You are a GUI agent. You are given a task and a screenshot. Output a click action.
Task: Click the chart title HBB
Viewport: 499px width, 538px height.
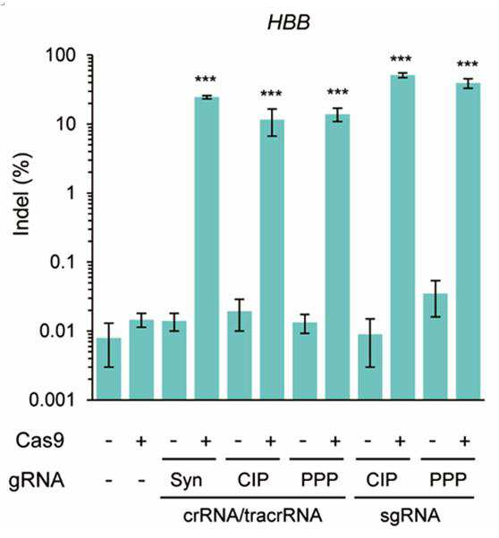click(x=289, y=22)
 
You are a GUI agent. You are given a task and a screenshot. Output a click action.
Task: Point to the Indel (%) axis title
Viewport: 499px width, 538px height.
click(x=21, y=195)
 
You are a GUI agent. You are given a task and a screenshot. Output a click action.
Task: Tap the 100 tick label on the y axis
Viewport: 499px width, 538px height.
click(x=60, y=55)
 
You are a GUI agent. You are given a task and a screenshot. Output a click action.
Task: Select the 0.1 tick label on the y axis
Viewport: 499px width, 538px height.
click(x=63, y=262)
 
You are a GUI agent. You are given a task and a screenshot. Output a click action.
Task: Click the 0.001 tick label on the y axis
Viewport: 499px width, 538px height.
click(x=52, y=400)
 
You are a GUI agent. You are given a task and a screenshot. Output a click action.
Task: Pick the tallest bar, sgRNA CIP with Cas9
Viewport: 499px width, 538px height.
click(x=402, y=237)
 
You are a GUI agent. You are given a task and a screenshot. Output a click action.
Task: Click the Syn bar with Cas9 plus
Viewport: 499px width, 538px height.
click(x=207, y=248)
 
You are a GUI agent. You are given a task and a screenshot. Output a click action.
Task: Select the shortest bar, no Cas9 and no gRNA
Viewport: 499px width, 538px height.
click(x=108, y=369)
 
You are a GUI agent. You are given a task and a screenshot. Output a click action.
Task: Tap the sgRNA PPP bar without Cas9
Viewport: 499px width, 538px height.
click(x=436, y=347)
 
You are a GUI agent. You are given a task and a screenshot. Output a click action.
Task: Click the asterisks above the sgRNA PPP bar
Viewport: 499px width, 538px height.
click(x=467, y=64)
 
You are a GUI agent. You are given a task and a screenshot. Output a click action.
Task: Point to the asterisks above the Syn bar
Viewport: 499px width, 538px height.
click(x=206, y=80)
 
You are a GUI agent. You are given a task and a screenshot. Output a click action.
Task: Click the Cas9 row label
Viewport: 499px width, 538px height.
click(x=39, y=441)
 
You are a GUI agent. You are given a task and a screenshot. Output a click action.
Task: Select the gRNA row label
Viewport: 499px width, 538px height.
click(x=37, y=480)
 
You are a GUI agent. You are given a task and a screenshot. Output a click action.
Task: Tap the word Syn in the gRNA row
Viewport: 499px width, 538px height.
click(x=186, y=480)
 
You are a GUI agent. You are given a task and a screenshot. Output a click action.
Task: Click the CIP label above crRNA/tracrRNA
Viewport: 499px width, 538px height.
click(x=253, y=480)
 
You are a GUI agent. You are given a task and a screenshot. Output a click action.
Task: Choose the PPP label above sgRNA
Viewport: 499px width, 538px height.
click(x=448, y=480)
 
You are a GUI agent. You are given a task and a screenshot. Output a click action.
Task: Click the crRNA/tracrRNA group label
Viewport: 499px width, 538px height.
click(x=253, y=516)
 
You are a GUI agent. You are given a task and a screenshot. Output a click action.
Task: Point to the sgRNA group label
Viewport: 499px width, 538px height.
click(x=410, y=516)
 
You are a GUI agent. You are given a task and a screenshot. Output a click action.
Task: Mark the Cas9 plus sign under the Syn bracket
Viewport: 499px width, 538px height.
click(x=206, y=441)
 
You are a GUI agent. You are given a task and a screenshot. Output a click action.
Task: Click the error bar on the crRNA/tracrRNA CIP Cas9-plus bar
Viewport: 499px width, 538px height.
click(x=272, y=122)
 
